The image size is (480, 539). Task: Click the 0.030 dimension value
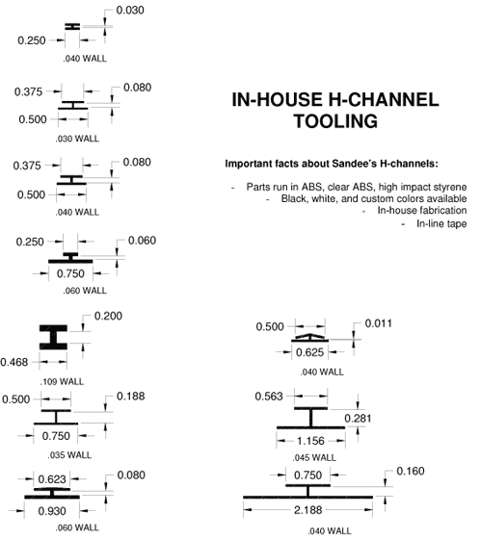tap(130, 11)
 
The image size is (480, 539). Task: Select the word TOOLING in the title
tap(335, 121)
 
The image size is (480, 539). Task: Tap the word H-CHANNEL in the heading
tap(384, 100)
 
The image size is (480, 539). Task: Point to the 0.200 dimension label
tap(108, 316)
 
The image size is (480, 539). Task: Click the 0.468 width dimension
tap(13, 362)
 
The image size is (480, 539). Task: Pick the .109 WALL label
tap(62, 382)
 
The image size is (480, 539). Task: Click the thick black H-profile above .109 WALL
tap(53, 337)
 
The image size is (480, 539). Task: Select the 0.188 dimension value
tap(131, 397)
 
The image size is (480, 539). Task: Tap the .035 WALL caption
tap(69, 455)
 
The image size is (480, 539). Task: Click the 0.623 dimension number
tap(52, 479)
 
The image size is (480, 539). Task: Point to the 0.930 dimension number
tap(52, 511)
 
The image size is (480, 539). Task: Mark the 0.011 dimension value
tap(379, 323)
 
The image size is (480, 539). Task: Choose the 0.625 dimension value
tap(310, 352)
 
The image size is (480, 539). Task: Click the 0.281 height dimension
tap(358, 419)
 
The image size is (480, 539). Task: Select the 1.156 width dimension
tap(310, 441)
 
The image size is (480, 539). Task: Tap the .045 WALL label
tap(314, 458)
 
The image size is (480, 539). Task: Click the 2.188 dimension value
tap(308, 510)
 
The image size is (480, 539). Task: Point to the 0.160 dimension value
tap(411, 471)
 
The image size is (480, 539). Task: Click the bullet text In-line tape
tap(441, 223)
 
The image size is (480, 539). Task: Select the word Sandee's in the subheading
tap(355, 164)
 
